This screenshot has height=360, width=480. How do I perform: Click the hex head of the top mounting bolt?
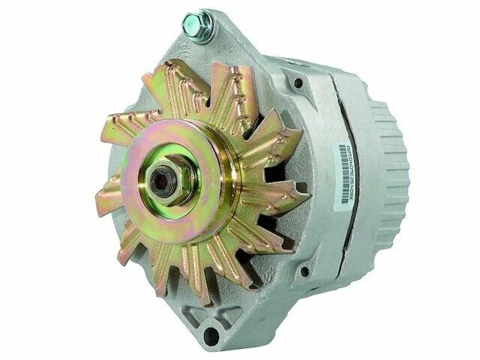(200, 25)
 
